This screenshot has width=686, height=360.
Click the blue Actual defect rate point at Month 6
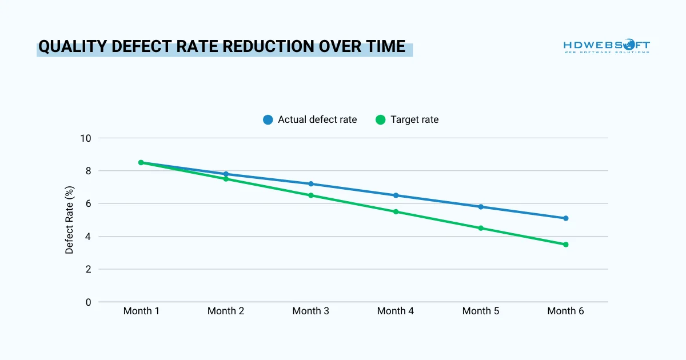[566, 218]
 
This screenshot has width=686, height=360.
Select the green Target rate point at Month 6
[566, 245]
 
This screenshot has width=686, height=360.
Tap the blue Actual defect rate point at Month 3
[311, 184]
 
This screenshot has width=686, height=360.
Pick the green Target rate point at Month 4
[396, 212]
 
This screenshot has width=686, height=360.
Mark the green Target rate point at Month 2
[226, 179]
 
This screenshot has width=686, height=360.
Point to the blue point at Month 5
[481, 207]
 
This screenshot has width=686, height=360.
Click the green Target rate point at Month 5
[481, 228]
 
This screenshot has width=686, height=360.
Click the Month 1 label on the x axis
[141, 311]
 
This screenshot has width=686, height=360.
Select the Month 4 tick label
[396, 311]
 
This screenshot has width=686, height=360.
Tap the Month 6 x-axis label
[566, 311]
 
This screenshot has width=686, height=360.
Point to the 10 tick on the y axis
[86, 138]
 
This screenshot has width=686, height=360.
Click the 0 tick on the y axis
[88, 302]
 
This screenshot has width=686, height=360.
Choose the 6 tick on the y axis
[88, 203]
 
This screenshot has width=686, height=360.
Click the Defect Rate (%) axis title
[70, 220]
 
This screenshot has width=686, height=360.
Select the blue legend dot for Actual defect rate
[268, 120]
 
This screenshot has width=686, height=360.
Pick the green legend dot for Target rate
[380, 120]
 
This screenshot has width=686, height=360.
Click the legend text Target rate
[414, 120]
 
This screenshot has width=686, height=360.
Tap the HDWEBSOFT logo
[607, 46]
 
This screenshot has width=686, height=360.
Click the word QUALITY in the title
[73, 47]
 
